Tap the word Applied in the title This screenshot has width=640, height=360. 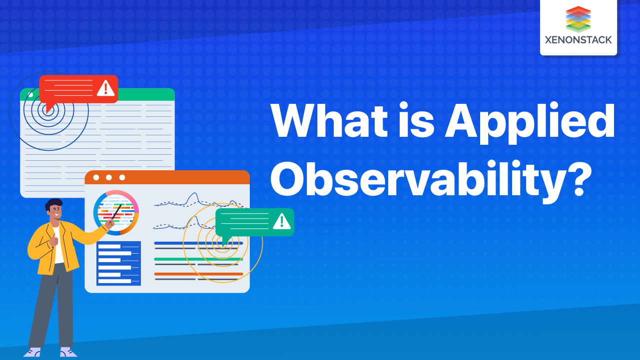(x=530, y=123)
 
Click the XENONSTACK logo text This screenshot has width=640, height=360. (x=579, y=40)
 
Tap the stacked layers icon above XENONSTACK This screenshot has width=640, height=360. (x=579, y=19)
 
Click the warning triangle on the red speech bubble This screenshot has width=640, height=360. (x=105, y=88)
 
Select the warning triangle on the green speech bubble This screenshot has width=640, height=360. (x=282, y=221)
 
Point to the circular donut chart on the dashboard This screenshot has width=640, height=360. (x=116, y=213)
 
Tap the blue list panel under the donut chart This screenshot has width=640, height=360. (x=118, y=264)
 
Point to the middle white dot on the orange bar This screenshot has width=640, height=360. (x=109, y=177)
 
